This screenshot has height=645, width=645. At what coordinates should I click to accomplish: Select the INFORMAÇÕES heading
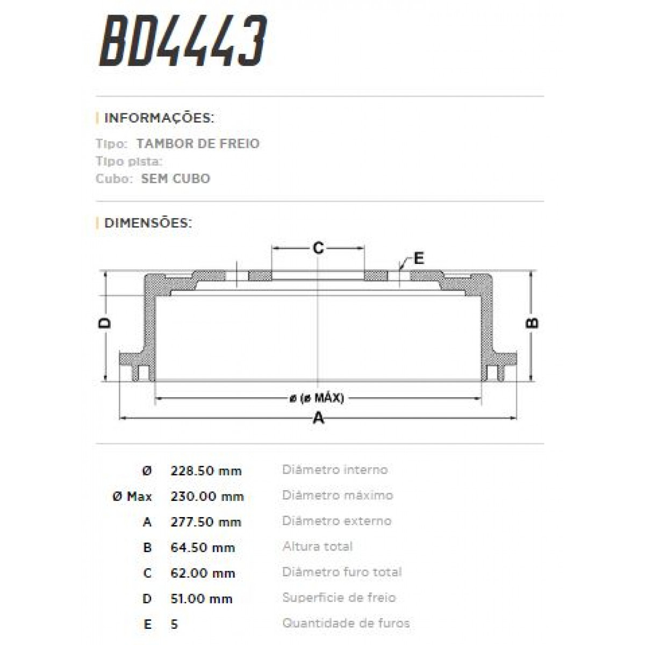point(159,118)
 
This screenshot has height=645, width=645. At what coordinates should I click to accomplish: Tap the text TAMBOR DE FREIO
point(198,144)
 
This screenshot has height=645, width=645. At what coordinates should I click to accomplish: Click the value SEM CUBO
point(175,178)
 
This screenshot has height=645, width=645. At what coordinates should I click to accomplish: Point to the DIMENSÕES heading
point(148,223)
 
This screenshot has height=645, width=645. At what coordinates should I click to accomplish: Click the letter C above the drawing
point(318,248)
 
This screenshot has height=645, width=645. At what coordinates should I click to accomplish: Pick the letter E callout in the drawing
point(419,259)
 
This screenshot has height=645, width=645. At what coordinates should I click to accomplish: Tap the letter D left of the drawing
point(105,322)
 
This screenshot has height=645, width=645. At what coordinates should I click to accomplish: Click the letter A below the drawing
point(319,418)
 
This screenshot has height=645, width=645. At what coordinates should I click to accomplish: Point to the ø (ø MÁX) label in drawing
point(317,398)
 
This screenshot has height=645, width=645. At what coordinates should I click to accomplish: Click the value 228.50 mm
point(206,471)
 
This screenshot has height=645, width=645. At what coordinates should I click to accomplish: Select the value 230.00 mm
point(207,496)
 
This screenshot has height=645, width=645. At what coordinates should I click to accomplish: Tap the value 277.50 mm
point(206,522)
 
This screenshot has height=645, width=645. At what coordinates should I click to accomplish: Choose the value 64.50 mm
point(203,548)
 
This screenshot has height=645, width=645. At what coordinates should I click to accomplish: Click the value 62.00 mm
point(203,573)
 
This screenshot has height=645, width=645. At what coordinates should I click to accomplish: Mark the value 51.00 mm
point(202,599)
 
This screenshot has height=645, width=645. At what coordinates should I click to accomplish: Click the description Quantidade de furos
point(346,623)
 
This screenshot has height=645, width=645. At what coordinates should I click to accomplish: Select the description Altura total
point(317,547)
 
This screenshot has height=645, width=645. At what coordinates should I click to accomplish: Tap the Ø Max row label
point(132,496)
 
